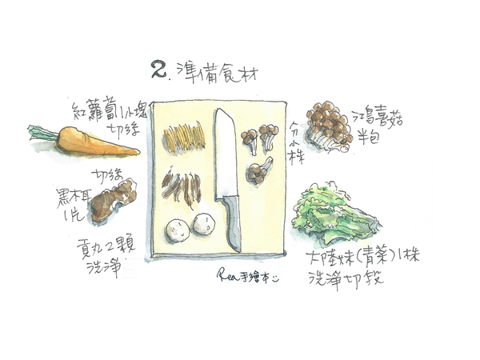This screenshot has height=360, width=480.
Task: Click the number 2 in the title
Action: click(x=158, y=70)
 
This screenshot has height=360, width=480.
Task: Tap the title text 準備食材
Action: click(x=213, y=71)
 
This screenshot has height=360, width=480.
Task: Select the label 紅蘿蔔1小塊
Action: click(x=102, y=110)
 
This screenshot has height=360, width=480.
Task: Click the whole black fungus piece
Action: click(x=111, y=200)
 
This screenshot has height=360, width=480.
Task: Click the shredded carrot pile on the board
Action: click(x=183, y=137)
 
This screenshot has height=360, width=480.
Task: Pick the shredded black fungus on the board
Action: click(x=180, y=187)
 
